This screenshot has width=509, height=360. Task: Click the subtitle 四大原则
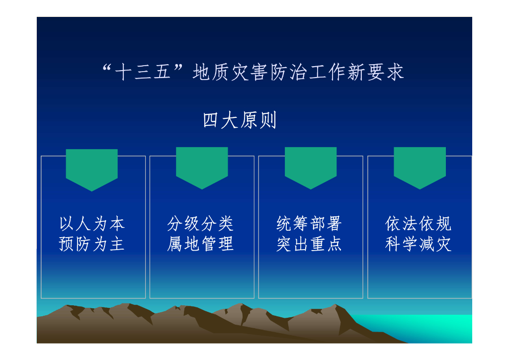coord(240,121)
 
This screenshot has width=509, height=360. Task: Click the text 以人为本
coord(92,224)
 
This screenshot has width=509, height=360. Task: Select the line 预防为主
coord(92,244)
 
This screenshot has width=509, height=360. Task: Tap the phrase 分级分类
coord(201,224)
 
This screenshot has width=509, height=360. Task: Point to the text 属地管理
coord(201,244)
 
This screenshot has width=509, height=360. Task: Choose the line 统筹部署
coord(310,224)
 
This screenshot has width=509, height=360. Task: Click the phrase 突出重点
coord(310,244)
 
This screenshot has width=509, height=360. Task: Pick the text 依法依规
coord(419,224)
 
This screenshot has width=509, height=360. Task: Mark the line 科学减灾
coord(419,244)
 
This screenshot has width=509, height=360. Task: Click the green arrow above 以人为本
coord(92,168)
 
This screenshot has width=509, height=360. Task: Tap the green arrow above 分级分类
coord(202,167)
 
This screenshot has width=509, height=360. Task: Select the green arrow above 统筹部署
coord(311,167)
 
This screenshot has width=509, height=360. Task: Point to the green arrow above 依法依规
coord(420,167)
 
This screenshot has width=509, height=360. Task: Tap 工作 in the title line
coord(327,73)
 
